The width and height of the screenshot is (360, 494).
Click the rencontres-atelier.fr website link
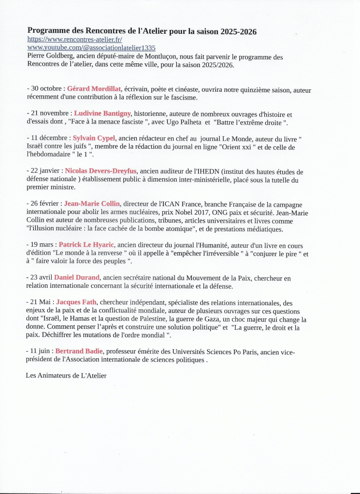74,40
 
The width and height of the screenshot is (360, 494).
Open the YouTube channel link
91,48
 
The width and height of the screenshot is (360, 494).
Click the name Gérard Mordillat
94,89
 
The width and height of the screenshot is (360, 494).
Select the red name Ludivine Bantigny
102,113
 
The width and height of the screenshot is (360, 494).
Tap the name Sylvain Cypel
94,138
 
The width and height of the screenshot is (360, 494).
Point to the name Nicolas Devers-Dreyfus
101,171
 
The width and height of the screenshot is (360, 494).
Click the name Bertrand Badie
79,351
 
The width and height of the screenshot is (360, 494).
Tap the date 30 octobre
47,89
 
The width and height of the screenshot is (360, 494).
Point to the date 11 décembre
50,138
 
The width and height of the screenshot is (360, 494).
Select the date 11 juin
41,351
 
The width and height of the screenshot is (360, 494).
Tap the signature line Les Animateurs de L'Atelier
66,375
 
